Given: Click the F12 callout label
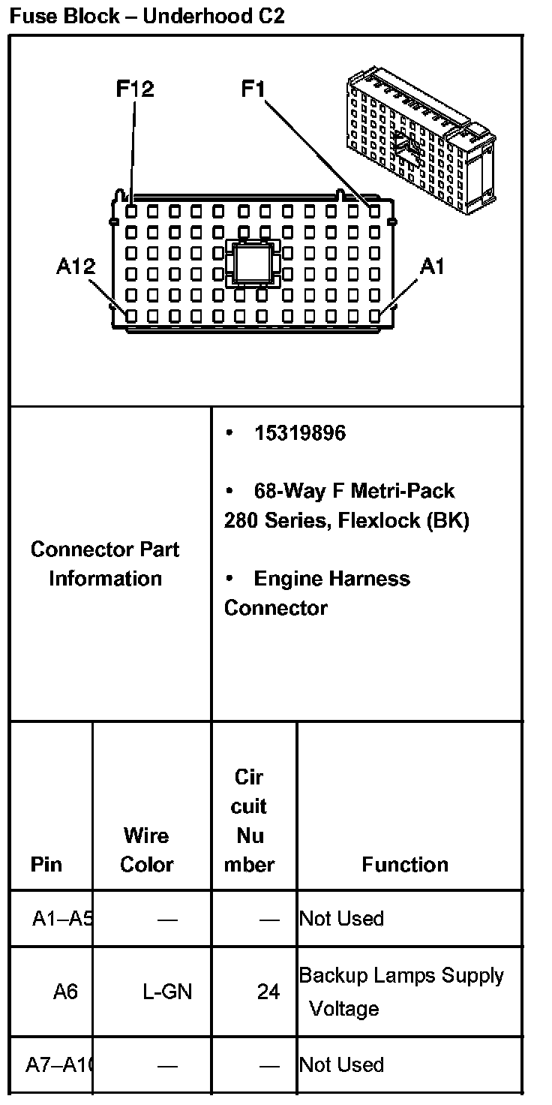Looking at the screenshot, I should tap(135, 89).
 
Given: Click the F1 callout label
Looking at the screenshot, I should tap(253, 89).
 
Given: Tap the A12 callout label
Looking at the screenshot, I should tap(75, 266).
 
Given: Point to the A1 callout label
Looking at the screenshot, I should tap(432, 266).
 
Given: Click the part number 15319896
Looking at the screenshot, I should tap(300, 434).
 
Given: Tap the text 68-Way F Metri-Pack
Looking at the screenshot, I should tap(354, 492).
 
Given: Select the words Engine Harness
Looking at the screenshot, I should tap(331, 579).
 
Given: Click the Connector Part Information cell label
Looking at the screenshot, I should tap(105, 564).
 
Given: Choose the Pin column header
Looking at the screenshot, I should tap(46, 865).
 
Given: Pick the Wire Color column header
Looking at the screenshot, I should tap(147, 850).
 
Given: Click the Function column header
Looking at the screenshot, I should tap(405, 865).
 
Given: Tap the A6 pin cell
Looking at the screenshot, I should tap(65, 992).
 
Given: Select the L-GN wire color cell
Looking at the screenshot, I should tap(167, 992).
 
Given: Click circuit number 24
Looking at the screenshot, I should tap(268, 992).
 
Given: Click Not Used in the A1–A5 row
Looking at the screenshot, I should tap(341, 919).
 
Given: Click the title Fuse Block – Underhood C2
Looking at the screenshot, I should tap(147, 16).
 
